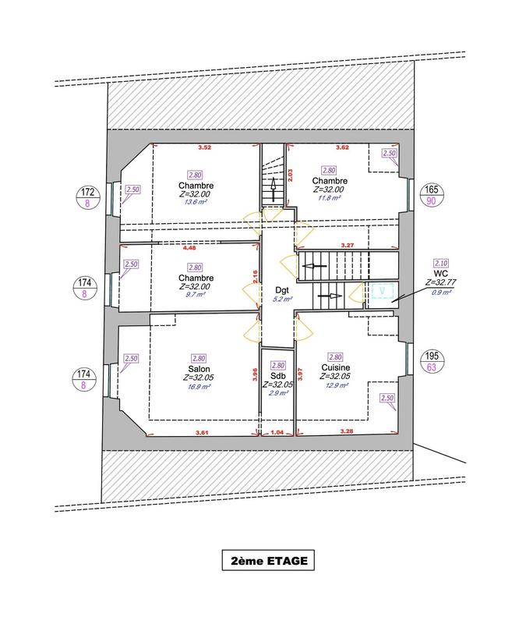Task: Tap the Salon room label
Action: coord(197,369)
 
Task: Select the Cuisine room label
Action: coord(336,367)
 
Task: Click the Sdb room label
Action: coord(277,376)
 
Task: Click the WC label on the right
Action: coord(440,275)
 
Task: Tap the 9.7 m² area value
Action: coord(195,296)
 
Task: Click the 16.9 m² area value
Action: coord(197,386)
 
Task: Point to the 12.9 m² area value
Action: coord(336,385)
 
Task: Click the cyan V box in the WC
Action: coord(381,292)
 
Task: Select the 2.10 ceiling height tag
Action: coord(440,264)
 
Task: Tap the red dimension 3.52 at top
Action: coord(205,147)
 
